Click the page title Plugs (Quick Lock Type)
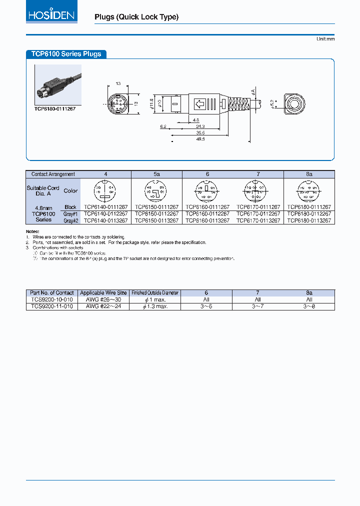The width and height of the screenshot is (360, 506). (x=136, y=17)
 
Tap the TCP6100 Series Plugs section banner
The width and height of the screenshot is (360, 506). (x=65, y=54)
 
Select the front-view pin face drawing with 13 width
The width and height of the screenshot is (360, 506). (x=118, y=104)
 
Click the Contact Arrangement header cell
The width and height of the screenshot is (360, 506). (x=53, y=174)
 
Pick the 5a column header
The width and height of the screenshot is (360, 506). (x=156, y=174)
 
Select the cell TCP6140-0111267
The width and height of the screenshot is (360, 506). (x=105, y=207)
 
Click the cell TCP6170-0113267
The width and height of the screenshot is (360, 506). (x=258, y=220)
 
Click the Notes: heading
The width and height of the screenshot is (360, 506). (x=32, y=231)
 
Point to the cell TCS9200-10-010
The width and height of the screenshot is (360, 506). (x=51, y=299)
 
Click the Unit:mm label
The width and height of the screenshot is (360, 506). (x=325, y=38)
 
